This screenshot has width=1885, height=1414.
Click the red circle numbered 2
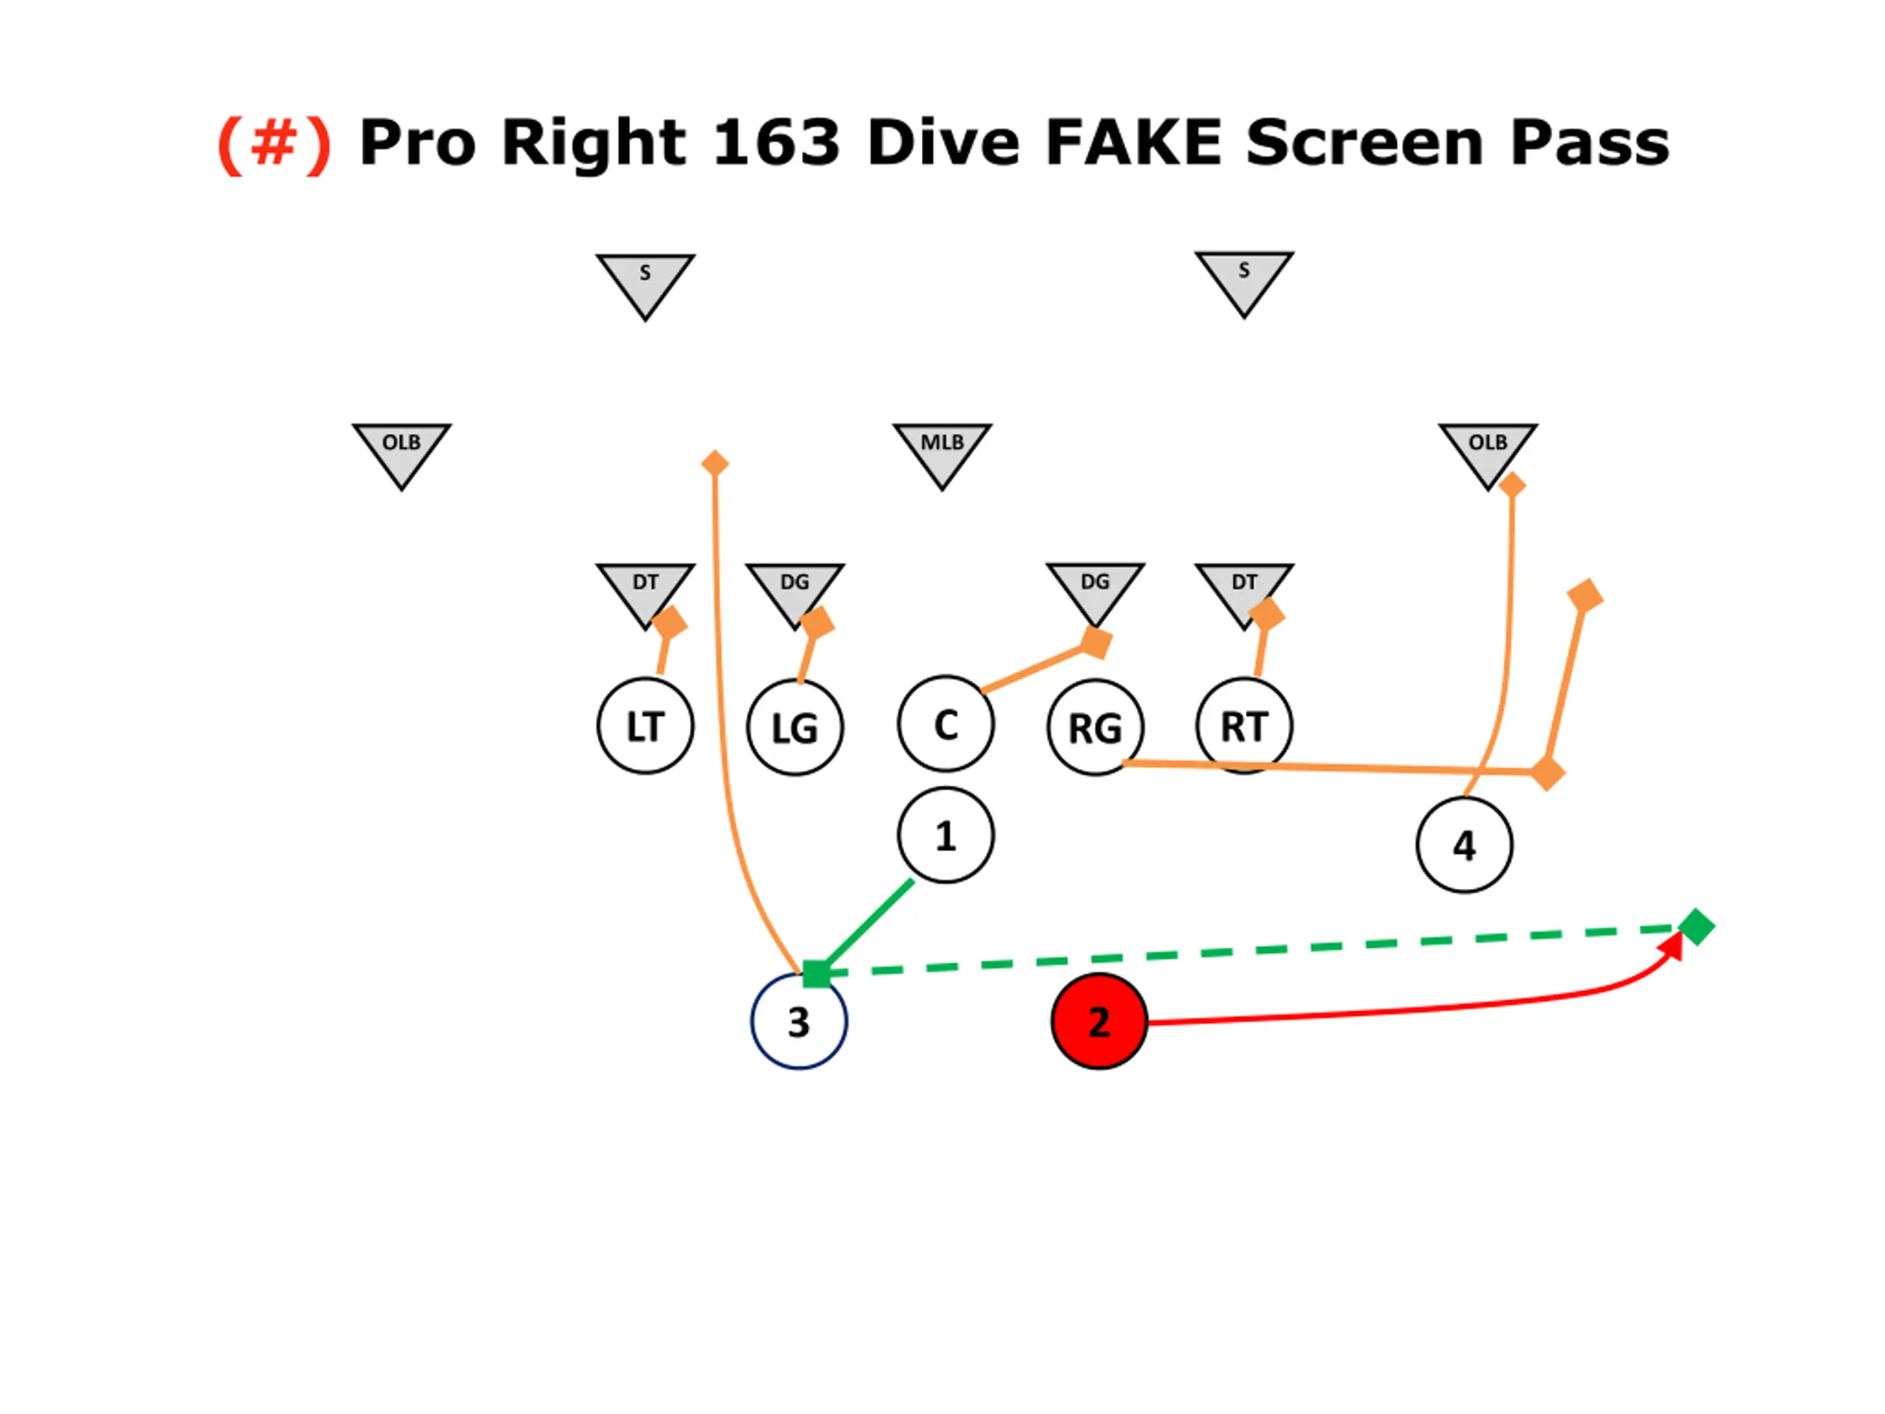pos(1099,1021)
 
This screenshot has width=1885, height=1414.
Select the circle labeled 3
pos(798,1021)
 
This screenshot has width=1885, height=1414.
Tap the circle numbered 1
pos(945,835)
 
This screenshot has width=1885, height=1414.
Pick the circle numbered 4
pos(1464,845)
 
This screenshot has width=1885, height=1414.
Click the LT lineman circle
pos(645,726)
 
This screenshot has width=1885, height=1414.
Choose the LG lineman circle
pos(795,728)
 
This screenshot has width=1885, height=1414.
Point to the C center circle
pos(945,725)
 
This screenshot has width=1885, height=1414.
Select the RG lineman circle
pos(1095,728)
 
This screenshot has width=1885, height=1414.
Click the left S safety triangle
pos(645,281)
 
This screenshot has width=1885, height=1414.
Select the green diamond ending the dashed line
pos(1696,926)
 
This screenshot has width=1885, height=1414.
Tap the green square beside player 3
pos(816,974)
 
